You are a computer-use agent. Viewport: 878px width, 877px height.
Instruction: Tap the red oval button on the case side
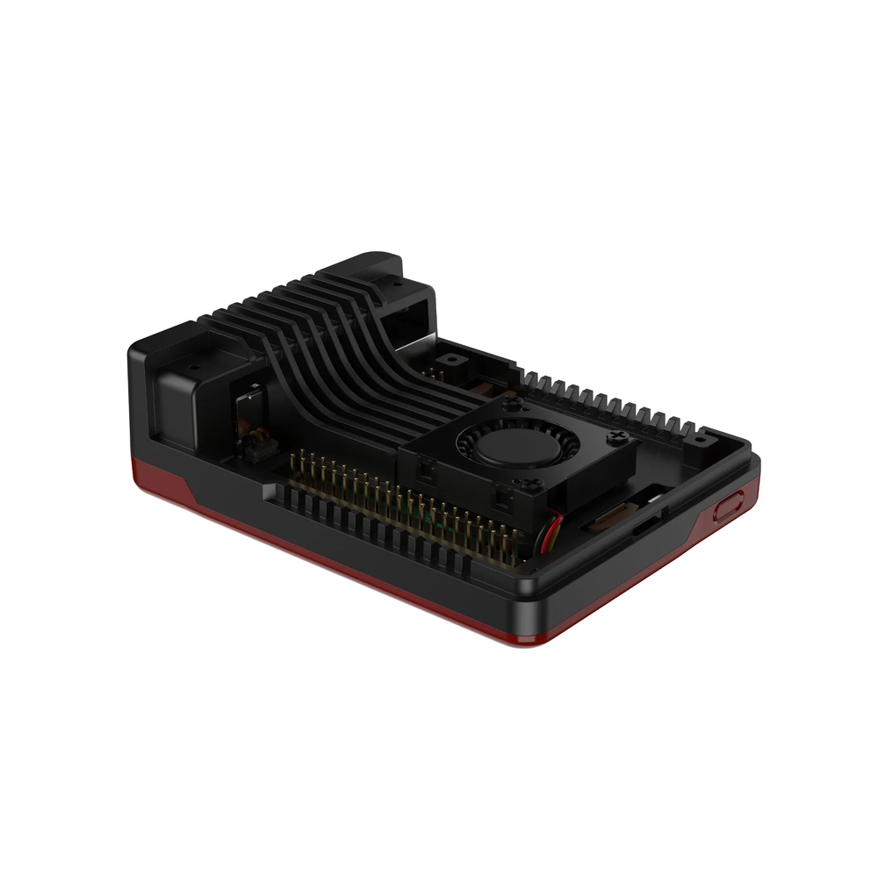click(x=728, y=507)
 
